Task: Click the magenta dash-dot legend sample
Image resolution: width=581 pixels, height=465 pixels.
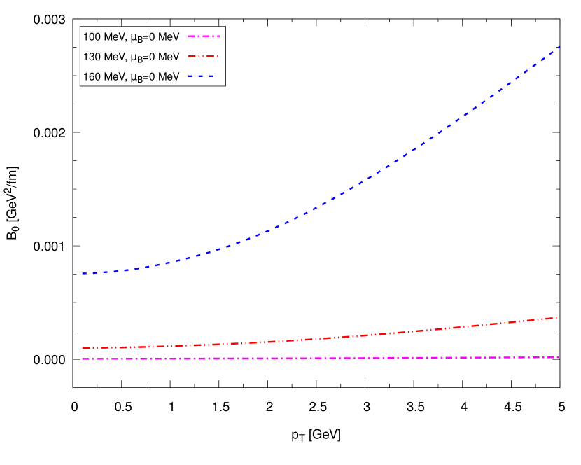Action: tap(203, 36)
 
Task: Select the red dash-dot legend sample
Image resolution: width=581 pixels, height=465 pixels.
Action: tap(203, 56)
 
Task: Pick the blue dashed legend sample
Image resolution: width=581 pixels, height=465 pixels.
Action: tap(201, 76)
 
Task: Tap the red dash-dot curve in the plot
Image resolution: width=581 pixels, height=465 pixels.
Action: tap(350, 336)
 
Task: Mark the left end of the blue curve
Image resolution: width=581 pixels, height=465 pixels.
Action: tap(83, 273)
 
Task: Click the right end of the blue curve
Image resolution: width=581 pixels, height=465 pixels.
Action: tap(559, 47)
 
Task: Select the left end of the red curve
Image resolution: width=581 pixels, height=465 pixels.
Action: tap(83, 348)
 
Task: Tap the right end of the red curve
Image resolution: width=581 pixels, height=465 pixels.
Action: tap(556, 318)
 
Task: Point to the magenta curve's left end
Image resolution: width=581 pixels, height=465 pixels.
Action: tap(83, 359)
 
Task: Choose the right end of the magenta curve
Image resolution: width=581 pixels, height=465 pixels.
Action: tap(559, 357)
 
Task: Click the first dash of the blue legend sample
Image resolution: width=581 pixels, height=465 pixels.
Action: tap(190, 76)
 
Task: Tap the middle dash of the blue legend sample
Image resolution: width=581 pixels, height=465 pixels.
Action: tap(201, 76)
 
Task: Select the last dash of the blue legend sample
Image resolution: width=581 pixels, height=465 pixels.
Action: tap(211, 76)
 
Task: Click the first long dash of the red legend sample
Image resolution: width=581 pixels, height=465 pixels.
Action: tap(192, 56)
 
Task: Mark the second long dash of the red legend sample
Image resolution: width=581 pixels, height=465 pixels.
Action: tap(210, 56)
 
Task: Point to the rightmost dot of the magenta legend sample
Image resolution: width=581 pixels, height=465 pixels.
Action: tap(218, 36)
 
